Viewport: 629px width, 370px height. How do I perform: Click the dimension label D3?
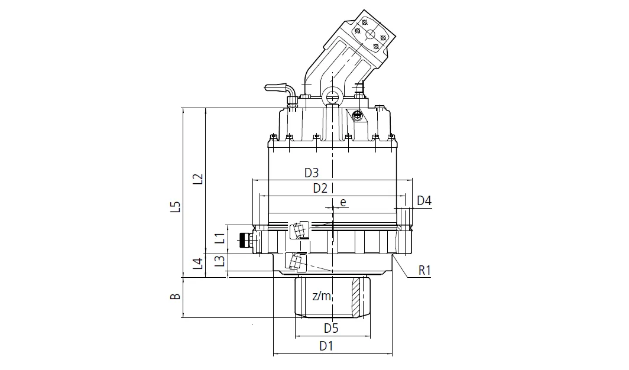coord(312,173)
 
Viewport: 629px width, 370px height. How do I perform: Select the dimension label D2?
coord(320,189)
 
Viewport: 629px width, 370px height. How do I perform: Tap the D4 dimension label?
coord(424,201)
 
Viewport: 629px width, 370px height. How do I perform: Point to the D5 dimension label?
coord(330,327)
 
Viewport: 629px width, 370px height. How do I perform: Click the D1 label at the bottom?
coord(326,346)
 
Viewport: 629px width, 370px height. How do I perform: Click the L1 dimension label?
coord(219,239)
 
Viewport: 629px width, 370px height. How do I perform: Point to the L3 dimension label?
coord(219,261)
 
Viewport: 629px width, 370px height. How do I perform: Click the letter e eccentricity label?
coord(342,203)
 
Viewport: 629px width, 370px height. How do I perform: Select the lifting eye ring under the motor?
coord(332,94)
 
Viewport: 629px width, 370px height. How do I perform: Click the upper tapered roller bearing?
coord(299,229)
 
